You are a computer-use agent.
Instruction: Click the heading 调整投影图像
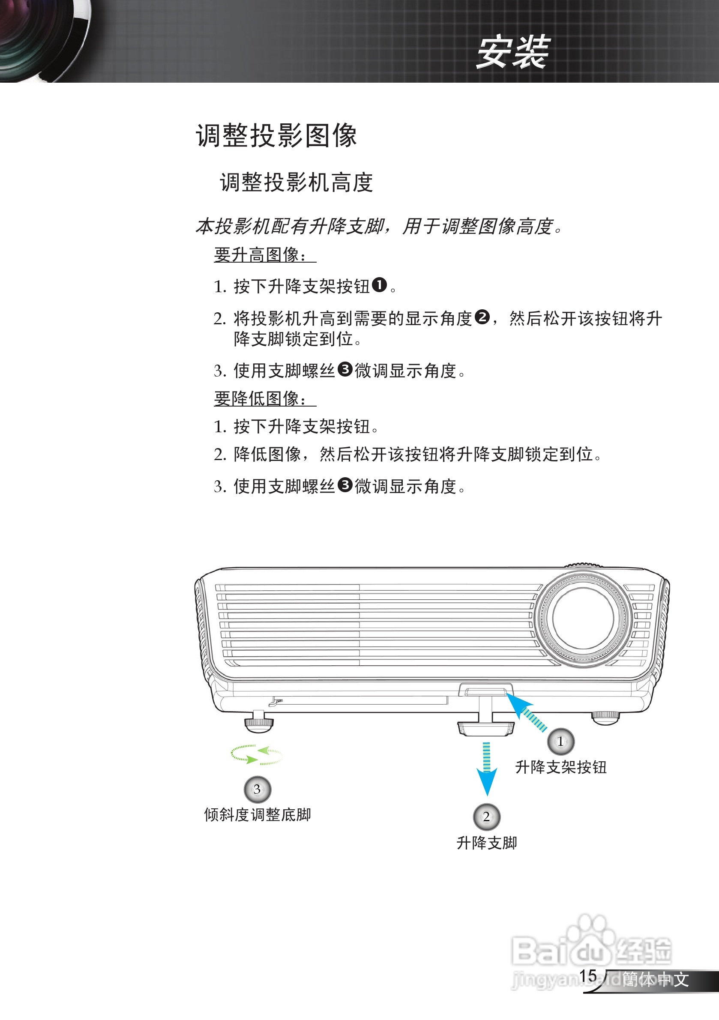click(x=276, y=135)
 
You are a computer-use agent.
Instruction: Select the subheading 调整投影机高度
click(x=297, y=182)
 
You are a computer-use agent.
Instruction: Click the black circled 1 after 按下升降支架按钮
click(x=379, y=285)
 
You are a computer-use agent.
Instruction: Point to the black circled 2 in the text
click(x=482, y=317)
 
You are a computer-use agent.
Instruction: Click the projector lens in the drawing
click(x=583, y=618)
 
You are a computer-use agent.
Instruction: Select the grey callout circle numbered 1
click(x=560, y=742)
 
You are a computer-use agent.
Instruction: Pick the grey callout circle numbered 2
click(x=487, y=817)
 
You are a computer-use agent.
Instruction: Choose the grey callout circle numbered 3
click(x=257, y=789)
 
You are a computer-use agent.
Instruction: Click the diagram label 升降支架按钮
click(x=561, y=767)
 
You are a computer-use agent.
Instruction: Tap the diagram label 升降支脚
click(x=487, y=843)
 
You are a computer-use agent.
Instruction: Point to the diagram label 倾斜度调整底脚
click(x=257, y=815)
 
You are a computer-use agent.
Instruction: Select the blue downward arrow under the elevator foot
click(x=487, y=769)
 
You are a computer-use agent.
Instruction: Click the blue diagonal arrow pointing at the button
click(x=526, y=712)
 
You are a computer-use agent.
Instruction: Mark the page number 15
click(x=588, y=976)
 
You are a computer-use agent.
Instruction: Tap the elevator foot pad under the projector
click(x=486, y=729)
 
